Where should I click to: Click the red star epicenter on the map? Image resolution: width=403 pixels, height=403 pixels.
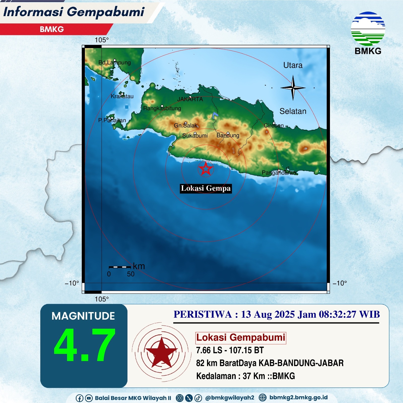click(x=206, y=169)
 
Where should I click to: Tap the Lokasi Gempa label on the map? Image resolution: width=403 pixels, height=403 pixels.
click(x=206, y=188)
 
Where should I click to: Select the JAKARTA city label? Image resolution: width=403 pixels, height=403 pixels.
click(x=190, y=99)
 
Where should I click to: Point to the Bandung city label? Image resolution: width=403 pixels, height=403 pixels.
click(x=228, y=136)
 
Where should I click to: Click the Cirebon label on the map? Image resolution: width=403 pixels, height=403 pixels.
click(x=274, y=125)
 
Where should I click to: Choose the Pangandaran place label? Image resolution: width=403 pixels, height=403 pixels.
click(x=279, y=173)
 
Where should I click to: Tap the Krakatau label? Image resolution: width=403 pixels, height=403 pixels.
click(x=122, y=96)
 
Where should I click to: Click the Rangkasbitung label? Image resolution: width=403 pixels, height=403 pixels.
click(x=162, y=109)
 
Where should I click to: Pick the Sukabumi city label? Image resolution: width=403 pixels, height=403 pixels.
click(x=195, y=136)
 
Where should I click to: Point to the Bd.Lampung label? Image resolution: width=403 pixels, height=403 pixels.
click(x=115, y=62)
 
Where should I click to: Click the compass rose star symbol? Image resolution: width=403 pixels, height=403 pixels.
click(x=293, y=88)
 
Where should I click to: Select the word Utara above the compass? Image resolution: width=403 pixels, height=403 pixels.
click(x=293, y=65)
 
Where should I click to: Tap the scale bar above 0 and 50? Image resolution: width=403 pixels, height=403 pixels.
click(x=120, y=267)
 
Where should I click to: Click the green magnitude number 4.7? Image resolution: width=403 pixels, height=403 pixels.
click(x=85, y=345)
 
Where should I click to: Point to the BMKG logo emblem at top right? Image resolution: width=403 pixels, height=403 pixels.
click(x=368, y=29)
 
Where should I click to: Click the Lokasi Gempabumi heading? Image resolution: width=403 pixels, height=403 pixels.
click(x=241, y=338)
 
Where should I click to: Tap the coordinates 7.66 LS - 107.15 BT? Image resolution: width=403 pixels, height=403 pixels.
click(x=230, y=350)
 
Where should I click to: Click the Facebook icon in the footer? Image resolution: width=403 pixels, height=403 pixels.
click(x=79, y=398)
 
